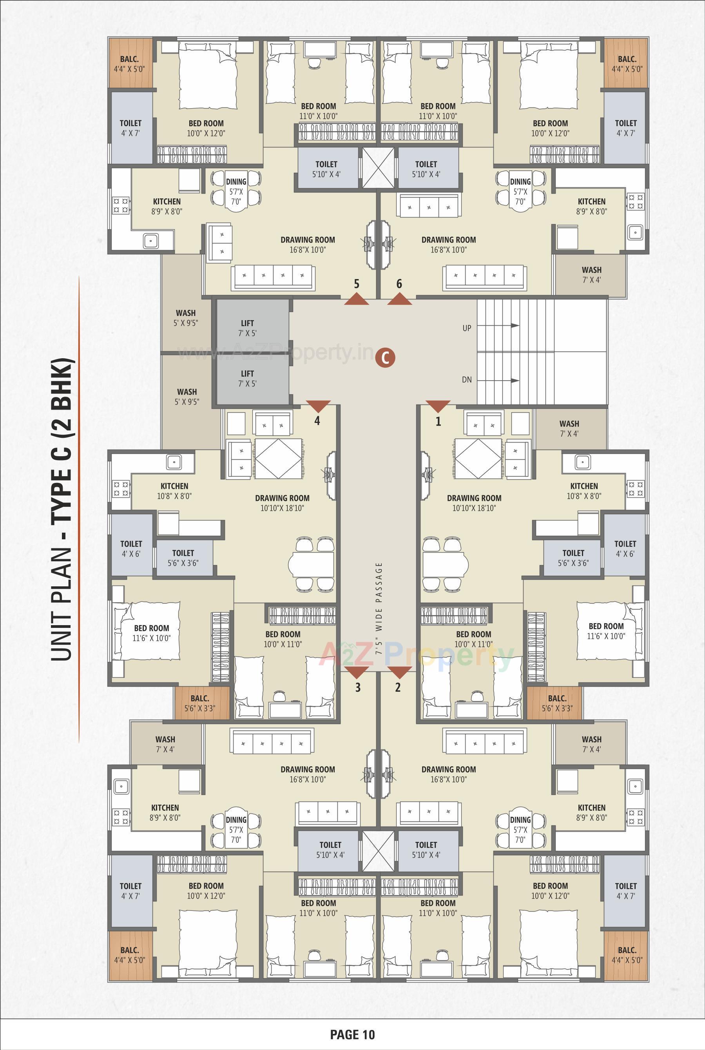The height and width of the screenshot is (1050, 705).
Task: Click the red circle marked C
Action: pyautogui.click(x=385, y=357)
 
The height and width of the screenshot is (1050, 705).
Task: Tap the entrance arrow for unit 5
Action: pyautogui.click(x=357, y=299)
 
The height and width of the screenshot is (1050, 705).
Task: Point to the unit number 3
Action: pyautogui.click(x=358, y=687)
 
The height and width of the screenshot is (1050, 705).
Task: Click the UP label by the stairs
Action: pyautogui.click(x=467, y=328)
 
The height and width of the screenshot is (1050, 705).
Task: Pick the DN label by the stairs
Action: pyautogui.click(x=467, y=379)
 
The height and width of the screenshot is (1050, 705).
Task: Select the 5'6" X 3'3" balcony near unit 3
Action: pyautogui.click(x=199, y=703)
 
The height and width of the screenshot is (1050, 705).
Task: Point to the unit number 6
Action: pyautogui.click(x=399, y=284)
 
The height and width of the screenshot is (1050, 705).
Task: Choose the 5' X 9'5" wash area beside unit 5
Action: pyautogui.click(x=186, y=317)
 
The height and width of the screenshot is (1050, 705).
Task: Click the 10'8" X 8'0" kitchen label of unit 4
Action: pyautogui.click(x=174, y=491)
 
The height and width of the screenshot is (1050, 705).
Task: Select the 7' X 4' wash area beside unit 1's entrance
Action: pyautogui.click(x=569, y=428)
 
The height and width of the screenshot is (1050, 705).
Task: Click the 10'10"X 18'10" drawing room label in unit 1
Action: pyautogui.click(x=474, y=503)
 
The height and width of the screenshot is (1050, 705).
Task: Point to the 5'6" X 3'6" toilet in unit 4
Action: pyautogui.click(x=183, y=558)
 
